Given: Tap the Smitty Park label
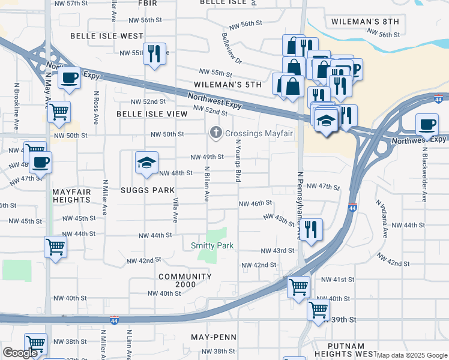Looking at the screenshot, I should [x=212, y=245].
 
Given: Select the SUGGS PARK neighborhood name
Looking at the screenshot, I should [x=146, y=190].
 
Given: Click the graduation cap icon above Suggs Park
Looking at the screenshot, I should [x=146, y=163].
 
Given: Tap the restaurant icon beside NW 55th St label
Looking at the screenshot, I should [x=155, y=55].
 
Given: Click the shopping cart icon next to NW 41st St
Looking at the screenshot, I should [x=298, y=287].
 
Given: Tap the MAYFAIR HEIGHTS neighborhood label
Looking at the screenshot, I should [x=71, y=196].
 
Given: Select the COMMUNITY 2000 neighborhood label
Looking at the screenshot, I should [x=185, y=281].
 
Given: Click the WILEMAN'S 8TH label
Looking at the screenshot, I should [x=365, y=22].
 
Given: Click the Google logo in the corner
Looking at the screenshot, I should [x=20, y=353].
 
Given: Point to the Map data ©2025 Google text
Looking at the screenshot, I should [x=411, y=355].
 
